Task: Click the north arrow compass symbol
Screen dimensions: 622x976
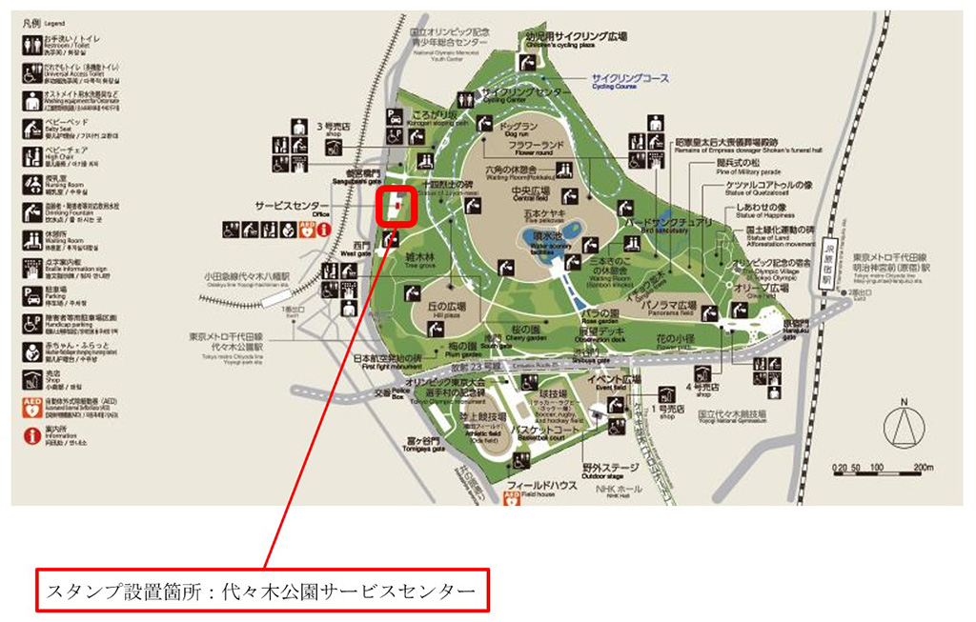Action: click(x=903, y=425)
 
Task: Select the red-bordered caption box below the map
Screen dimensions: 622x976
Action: click(x=262, y=591)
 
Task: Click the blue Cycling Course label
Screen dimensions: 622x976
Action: click(x=629, y=79)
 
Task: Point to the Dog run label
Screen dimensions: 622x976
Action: click(x=519, y=129)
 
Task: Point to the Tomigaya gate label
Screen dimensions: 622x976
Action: click(x=419, y=444)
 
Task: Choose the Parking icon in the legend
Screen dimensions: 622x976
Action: click(x=31, y=291)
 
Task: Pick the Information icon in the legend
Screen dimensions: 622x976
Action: click(x=31, y=436)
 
